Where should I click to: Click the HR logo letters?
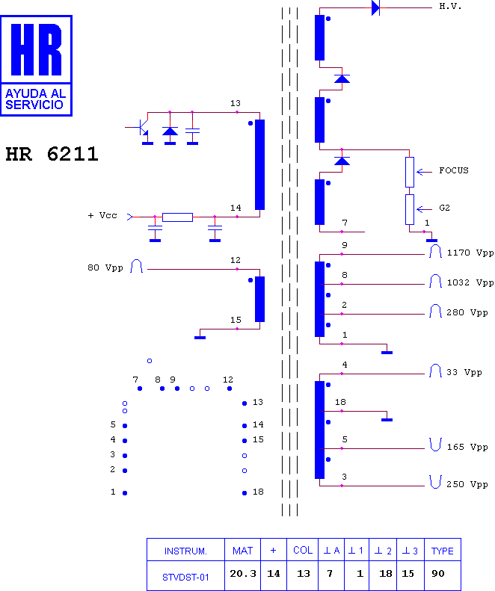36,49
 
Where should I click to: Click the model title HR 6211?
52,154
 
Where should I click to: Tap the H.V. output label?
450,6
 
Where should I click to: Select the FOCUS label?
453,170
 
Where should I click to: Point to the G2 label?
444,208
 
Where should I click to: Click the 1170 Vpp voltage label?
470,253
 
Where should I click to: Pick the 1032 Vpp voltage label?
470,282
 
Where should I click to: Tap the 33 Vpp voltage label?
464,372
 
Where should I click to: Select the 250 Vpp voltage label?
467,484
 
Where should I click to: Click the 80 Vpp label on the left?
105,267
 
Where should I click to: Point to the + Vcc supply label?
102,215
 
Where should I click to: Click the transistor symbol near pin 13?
141,128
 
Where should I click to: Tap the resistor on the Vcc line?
177,217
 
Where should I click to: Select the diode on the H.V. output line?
376,7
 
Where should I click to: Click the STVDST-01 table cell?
185,577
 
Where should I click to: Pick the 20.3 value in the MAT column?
243,574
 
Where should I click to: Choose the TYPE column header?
442,551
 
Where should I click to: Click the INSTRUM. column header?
185,551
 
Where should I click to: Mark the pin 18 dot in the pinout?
245,493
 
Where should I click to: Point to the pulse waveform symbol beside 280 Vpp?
435,311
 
